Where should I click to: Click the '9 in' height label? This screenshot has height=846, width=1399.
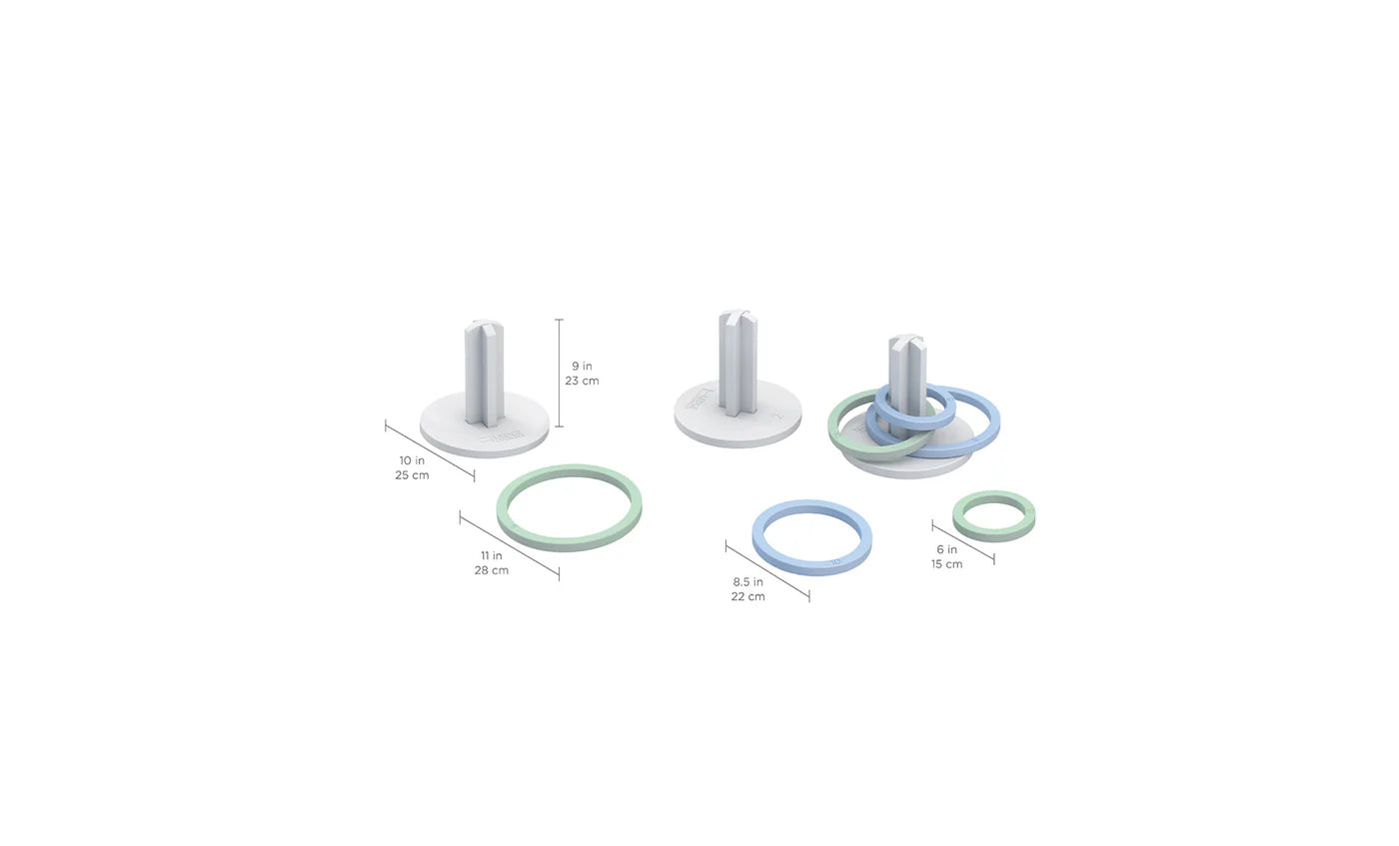[x=582, y=367]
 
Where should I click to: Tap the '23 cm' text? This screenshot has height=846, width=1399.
[x=582, y=382]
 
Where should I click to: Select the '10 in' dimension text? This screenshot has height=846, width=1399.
[x=412, y=460]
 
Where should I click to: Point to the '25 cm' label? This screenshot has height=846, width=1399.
[x=412, y=475]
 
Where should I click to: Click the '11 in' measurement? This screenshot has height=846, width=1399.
[x=491, y=555]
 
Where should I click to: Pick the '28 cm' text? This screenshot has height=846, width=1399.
[x=491, y=570]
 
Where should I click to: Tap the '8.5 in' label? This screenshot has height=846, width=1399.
[x=747, y=581]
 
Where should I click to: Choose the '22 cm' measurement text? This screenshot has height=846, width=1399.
[x=747, y=596]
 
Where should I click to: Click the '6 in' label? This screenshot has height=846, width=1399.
[x=946, y=549]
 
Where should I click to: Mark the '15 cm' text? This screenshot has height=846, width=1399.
[x=946, y=564]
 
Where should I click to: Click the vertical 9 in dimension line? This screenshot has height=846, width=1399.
[x=559, y=373]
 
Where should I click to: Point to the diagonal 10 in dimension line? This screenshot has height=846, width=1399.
[x=430, y=450]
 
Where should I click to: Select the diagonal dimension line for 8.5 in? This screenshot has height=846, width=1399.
[x=767, y=572]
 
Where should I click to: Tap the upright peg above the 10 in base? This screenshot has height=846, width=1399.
[x=484, y=365]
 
